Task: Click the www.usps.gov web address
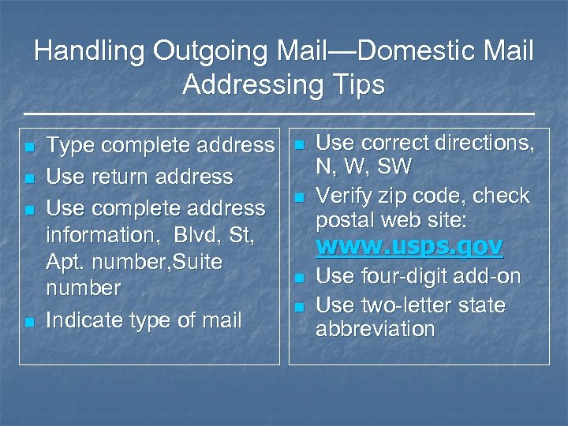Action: pyautogui.click(x=409, y=247)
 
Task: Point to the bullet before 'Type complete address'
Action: pyautogui.click(x=29, y=148)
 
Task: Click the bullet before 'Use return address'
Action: pyautogui.click(x=29, y=179)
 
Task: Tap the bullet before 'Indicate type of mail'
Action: pyautogui.click(x=29, y=322)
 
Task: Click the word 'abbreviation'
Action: pyautogui.click(x=375, y=329)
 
